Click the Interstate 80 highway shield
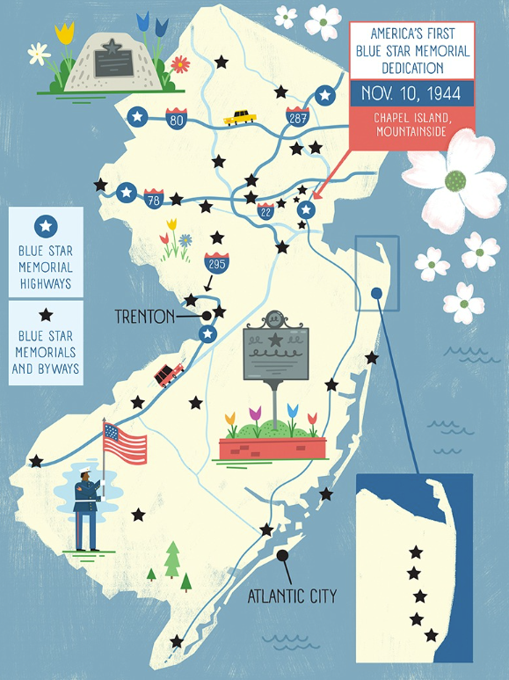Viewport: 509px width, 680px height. point(176,120)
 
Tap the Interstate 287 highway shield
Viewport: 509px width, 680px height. point(296,115)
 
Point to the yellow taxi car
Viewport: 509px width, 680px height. point(238,117)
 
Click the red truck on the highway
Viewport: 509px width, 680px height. point(168,374)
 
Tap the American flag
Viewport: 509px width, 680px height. point(125,443)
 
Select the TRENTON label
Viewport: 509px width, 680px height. point(144,316)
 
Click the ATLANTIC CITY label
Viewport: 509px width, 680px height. point(292,596)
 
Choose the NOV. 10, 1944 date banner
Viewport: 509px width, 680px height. point(411,93)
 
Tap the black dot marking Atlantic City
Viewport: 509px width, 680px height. point(282,555)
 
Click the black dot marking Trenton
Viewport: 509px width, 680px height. point(207,315)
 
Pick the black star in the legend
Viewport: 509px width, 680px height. point(46,315)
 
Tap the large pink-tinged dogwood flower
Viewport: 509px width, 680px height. point(453,182)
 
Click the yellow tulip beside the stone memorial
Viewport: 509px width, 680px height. point(64,33)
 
